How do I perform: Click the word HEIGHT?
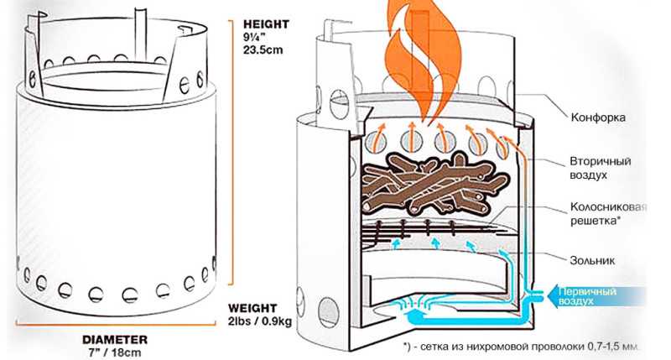[x=266, y=24]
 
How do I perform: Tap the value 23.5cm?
[x=263, y=50]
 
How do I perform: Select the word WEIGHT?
[x=252, y=308]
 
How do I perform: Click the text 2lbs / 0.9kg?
[x=260, y=321]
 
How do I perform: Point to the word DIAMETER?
[x=115, y=340]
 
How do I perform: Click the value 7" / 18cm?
[x=112, y=352]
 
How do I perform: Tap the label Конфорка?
[x=597, y=117]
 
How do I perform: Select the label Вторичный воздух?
[x=600, y=168]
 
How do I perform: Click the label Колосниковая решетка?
[x=608, y=214]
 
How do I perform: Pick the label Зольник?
[x=592, y=260]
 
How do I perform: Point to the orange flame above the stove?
[x=423, y=60]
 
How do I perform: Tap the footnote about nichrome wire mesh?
[x=521, y=346]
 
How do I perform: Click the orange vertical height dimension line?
[x=232, y=152]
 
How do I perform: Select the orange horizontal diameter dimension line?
[x=116, y=325]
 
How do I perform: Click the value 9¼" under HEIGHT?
[x=254, y=37]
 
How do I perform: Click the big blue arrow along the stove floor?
[x=471, y=316]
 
